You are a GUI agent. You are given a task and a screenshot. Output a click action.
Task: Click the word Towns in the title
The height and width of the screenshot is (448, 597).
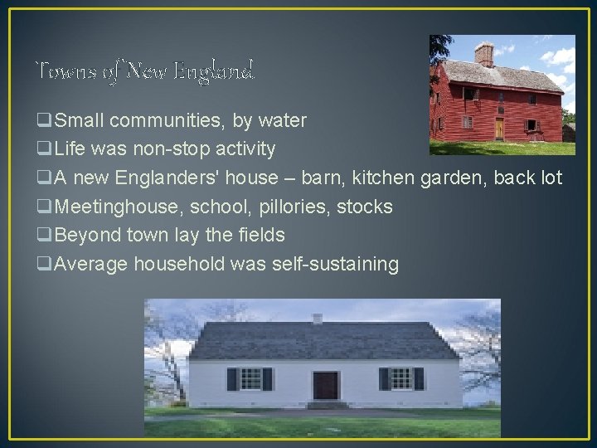tap(59, 72)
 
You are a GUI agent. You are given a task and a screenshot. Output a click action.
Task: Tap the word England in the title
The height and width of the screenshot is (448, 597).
tap(222, 72)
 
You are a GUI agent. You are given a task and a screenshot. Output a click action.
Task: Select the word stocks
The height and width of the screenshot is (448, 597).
tap(365, 207)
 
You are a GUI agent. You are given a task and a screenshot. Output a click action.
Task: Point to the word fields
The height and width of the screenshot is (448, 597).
tap(261, 235)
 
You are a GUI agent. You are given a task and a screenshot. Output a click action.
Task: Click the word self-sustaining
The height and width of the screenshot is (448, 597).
tap(335, 264)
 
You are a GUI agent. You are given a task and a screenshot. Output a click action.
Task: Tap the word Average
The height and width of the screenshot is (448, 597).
tap(89, 264)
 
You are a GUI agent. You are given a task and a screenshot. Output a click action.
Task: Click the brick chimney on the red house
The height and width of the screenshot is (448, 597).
tap(484, 54)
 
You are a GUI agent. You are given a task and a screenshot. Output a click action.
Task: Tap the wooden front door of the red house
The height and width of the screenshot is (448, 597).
tap(499, 128)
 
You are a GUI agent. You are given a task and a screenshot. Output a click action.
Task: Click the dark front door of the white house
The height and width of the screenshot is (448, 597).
tap(326, 385)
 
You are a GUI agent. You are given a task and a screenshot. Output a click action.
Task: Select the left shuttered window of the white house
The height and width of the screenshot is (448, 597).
tap(250, 379)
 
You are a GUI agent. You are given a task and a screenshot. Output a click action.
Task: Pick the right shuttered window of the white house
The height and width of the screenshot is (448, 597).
tap(401, 378)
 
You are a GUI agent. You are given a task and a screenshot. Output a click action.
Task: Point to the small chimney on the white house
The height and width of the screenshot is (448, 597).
tap(317, 318)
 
